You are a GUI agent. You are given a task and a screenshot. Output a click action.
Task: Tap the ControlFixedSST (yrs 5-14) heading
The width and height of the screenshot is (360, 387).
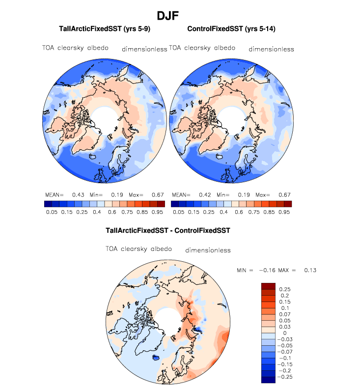point(231,29)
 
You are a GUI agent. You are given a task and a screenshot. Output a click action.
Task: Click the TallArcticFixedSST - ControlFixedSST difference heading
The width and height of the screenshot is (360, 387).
point(168,230)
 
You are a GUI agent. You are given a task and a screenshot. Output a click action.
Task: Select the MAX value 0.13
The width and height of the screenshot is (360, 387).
point(310,271)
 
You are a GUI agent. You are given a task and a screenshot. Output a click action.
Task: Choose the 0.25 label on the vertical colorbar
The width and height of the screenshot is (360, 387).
point(285,289)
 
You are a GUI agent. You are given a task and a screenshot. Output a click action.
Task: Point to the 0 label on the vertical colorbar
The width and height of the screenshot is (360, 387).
point(280,332)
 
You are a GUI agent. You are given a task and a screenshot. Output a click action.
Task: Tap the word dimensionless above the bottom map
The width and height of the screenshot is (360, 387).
point(208,250)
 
